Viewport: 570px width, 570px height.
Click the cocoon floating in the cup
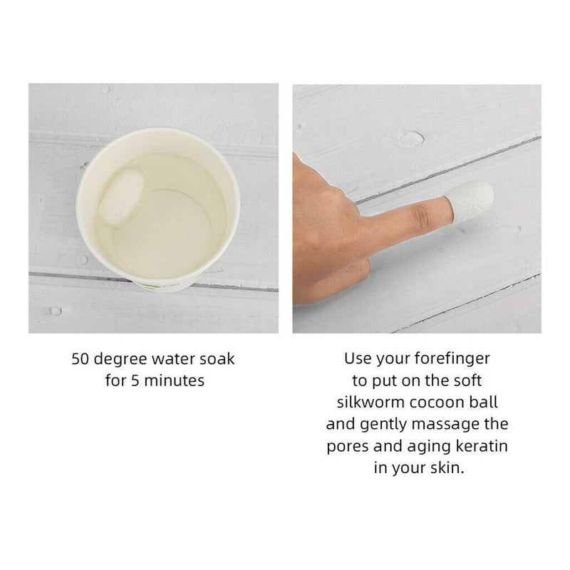[x=122, y=198]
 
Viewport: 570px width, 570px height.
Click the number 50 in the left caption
[x=80, y=359]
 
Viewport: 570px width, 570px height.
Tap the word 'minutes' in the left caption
[x=174, y=380]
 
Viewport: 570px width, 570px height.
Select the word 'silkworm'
[x=370, y=403]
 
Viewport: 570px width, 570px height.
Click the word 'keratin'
[x=482, y=446]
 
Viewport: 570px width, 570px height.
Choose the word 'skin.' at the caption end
[x=447, y=467]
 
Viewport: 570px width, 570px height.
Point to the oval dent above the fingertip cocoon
[x=411, y=138]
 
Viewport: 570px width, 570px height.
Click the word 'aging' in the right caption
[x=429, y=447]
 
